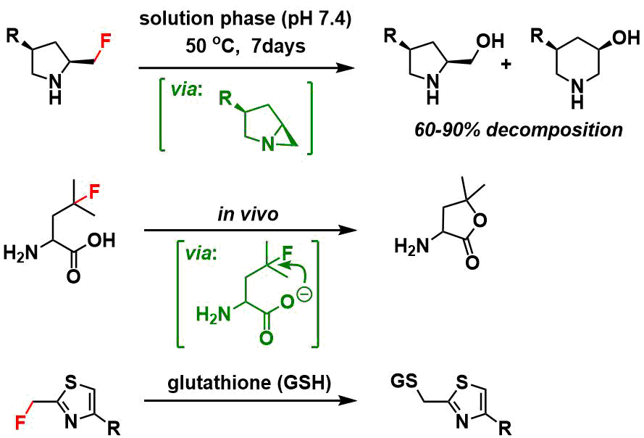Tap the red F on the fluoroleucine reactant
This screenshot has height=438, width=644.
click(x=94, y=191)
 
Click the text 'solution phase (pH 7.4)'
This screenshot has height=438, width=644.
click(x=245, y=20)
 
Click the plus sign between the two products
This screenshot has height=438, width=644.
click(x=506, y=64)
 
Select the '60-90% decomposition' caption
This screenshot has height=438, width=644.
click(x=519, y=130)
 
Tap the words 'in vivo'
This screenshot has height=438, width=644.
click(x=248, y=214)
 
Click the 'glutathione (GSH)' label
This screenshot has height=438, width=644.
click(x=249, y=383)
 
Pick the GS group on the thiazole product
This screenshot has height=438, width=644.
click(x=403, y=381)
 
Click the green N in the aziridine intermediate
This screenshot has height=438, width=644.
click(x=268, y=144)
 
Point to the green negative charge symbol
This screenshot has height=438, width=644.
click(x=307, y=294)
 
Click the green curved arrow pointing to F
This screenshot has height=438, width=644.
click(x=298, y=272)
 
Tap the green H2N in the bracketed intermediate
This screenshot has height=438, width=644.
click(x=213, y=315)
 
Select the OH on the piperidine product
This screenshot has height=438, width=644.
click(x=626, y=38)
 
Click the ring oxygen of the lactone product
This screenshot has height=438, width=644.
click(x=479, y=220)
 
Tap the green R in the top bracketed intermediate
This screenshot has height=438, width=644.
click(x=225, y=99)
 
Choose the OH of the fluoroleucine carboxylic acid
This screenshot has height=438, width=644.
click(x=101, y=240)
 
